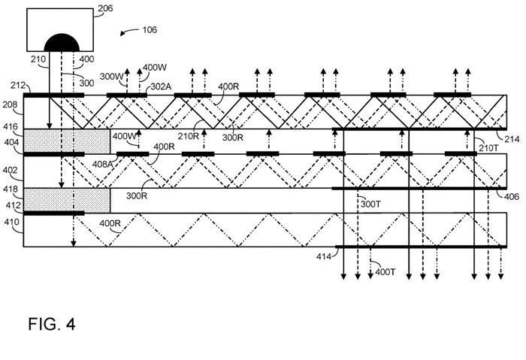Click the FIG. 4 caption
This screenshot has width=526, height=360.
tap(52, 325)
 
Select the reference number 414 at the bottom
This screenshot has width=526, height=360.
tap(324, 257)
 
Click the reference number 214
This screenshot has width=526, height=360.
tap(512, 139)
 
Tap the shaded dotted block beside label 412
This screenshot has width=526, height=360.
tap(67, 199)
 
